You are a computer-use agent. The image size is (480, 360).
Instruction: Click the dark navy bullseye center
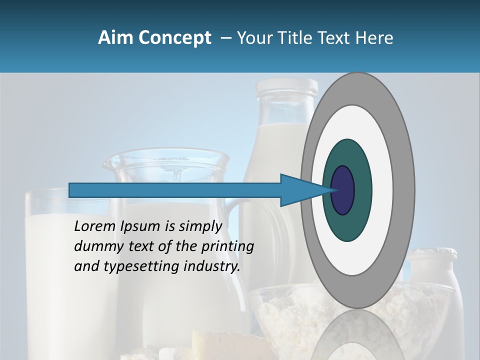342,190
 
